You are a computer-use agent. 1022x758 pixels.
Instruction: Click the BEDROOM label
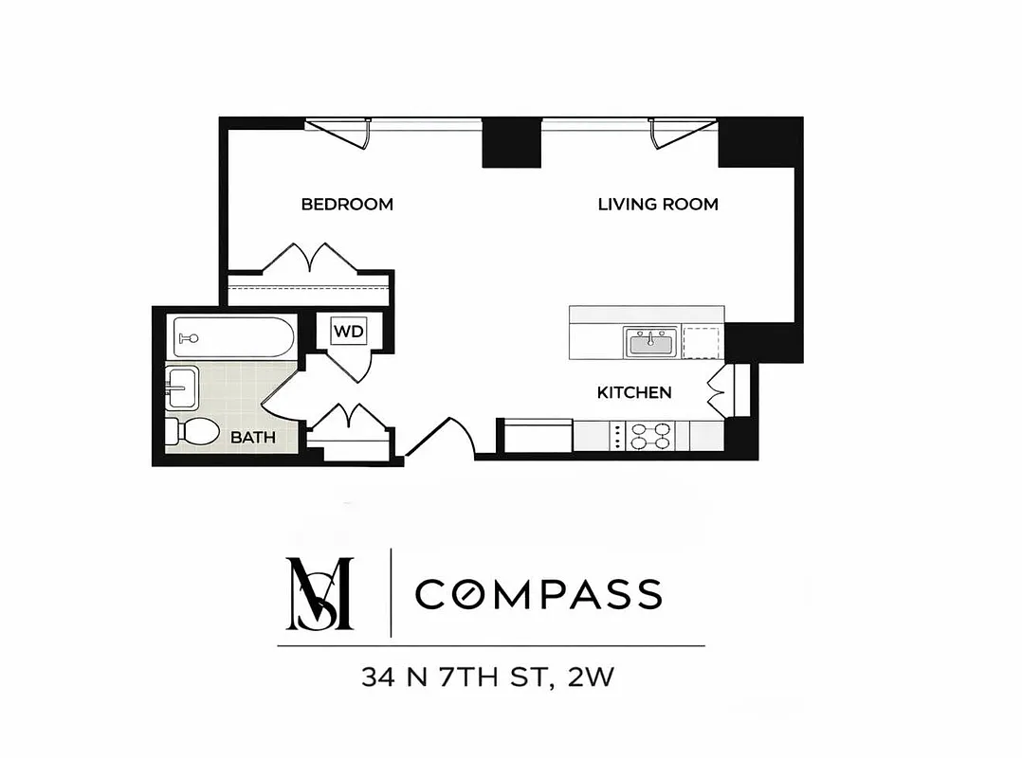pyautogui.click(x=347, y=204)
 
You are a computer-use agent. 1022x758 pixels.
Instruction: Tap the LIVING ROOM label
pyautogui.click(x=658, y=204)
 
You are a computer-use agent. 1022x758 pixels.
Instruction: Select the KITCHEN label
pyautogui.click(x=634, y=392)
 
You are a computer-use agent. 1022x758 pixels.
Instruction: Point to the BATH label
pyautogui.click(x=253, y=438)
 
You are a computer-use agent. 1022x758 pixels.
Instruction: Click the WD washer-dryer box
pyautogui.click(x=347, y=333)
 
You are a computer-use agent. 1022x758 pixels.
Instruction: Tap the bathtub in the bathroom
pyautogui.click(x=234, y=337)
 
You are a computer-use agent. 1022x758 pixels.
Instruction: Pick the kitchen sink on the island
pyautogui.click(x=650, y=342)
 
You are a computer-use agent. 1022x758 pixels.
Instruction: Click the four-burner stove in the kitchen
pyautogui.click(x=650, y=436)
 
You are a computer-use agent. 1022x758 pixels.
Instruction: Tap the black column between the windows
pyautogui.click(x=512, y=142)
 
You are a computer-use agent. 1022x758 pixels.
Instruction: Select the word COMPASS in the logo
pyautogui.click(x=538, y=594)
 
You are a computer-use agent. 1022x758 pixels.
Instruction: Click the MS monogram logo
pyautogui.click(x=319, y=594)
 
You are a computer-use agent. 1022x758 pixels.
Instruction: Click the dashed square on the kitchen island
pyautogui.click(x=702, y=342)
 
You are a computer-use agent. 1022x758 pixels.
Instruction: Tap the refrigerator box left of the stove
pyautogui.click(x=537, y=437)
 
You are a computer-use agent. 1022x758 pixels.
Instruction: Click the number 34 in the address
pyautogui.click(x=377, y=677)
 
